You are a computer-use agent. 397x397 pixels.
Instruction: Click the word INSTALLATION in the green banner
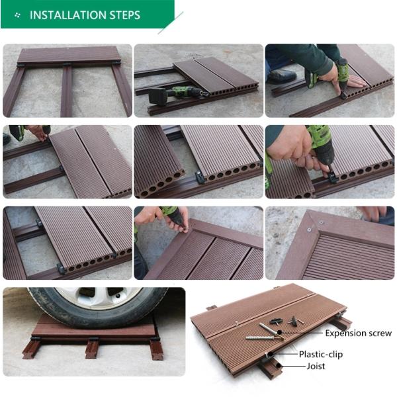pos(68,15)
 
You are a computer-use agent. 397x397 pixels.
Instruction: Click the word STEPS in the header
pos(125,15)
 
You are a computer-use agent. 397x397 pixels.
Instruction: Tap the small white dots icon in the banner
pos(17,15)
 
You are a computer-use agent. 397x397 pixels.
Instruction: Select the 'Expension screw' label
pos(358,333)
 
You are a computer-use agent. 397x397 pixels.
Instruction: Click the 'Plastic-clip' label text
pos(321,354)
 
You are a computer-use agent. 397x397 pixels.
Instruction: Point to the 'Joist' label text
pos(316,366)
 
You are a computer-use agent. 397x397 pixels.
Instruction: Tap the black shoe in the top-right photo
pos(281,76)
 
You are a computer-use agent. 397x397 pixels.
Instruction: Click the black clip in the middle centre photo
pos(200,177)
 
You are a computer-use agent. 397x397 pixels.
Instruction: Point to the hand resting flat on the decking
pos(355,81)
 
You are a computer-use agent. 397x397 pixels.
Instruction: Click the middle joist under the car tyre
pos(92,349)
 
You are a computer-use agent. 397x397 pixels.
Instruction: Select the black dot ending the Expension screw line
pos(279,332)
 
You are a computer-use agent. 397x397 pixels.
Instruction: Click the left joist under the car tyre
pos(31,349)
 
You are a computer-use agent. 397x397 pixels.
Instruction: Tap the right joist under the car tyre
pos(156,349)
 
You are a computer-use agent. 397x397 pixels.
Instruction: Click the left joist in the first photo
pos(13,91)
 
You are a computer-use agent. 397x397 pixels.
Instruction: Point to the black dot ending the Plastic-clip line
pos(271,354)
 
